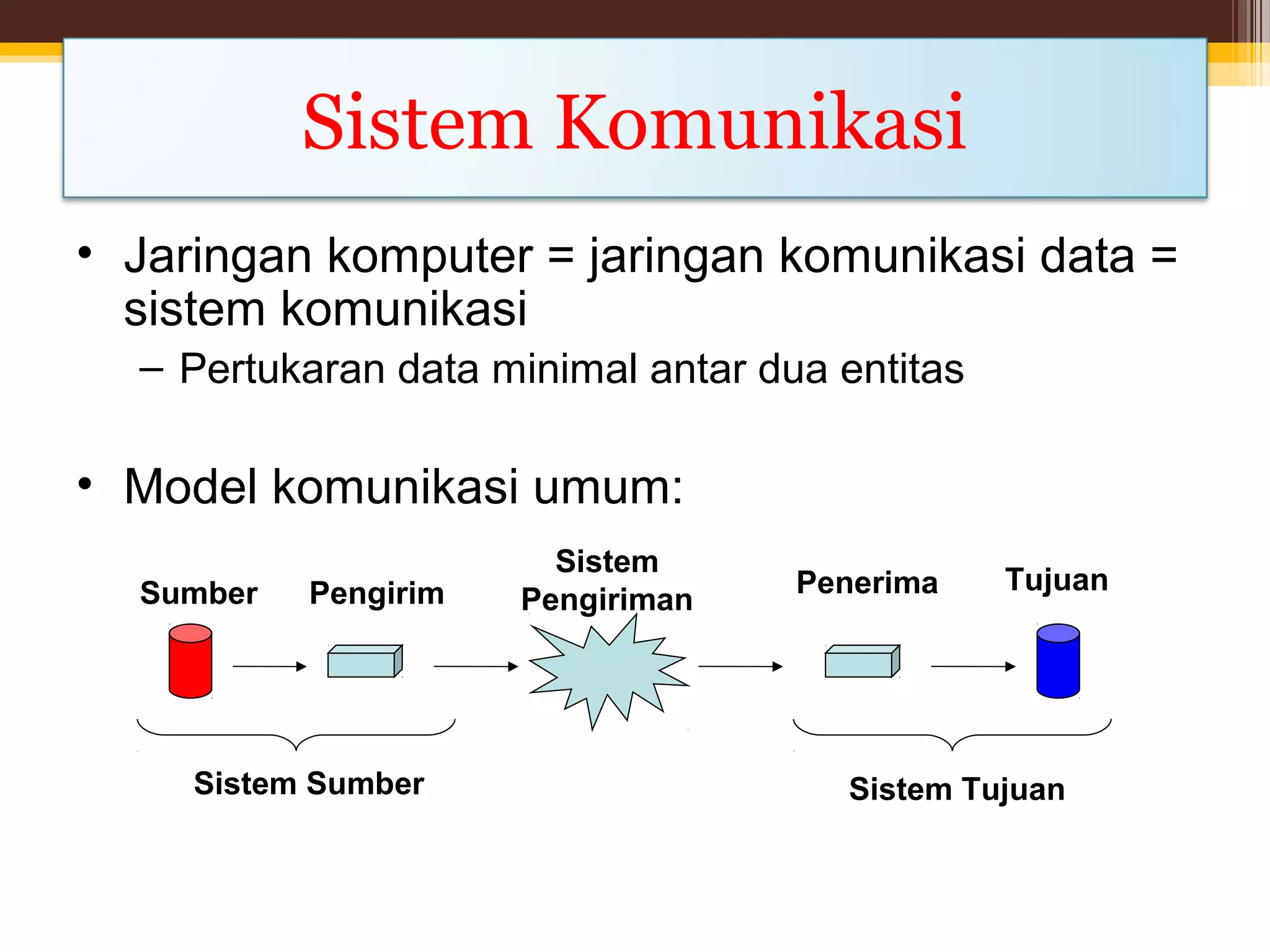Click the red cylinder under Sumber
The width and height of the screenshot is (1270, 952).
tap(190, 661)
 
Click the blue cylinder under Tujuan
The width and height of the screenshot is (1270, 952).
tap(1058, 661)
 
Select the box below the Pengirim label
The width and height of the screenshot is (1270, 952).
tap(364, 662)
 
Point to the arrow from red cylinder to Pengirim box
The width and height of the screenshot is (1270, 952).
tap(269, 666)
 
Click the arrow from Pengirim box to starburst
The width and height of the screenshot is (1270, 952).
tap(475, 666)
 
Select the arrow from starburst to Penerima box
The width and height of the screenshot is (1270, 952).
tap(740, 666)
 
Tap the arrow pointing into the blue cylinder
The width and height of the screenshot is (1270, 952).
tap(972, 666)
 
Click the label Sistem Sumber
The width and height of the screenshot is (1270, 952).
tap(309, 783)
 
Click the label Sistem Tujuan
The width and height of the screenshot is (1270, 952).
tap(956, 790)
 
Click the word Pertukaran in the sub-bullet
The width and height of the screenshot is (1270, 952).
tap(282, 369)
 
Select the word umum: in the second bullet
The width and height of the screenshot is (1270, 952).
tap(608, 487)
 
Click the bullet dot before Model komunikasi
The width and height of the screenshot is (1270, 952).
tap(85, 484)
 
